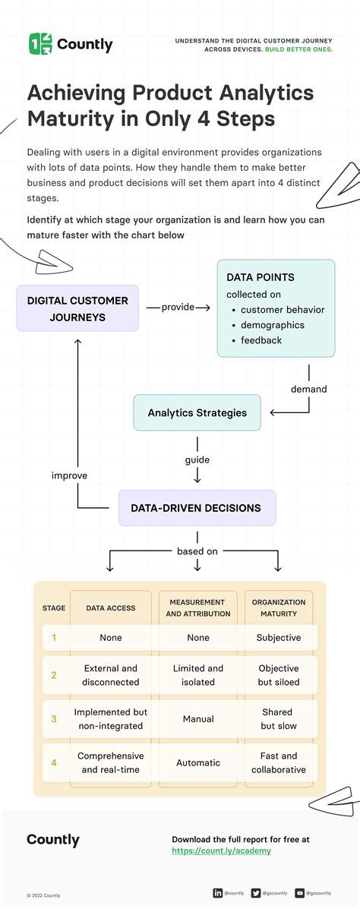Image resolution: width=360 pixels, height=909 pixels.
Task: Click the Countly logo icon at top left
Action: [40, 44]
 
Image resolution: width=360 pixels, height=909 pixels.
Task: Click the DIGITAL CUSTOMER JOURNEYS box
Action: [77, 308]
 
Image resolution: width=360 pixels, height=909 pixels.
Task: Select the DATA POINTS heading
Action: [261, 277]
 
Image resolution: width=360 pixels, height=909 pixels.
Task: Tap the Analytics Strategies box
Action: [197, 413]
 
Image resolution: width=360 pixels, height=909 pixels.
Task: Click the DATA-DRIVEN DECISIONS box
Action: [197, 508]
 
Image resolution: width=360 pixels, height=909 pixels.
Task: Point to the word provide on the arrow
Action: [178, 308]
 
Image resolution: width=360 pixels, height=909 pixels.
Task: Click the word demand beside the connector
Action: [308, 389]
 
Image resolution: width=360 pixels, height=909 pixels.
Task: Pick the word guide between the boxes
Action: [197, 459]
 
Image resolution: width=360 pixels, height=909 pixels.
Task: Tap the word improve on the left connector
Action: [69, 475]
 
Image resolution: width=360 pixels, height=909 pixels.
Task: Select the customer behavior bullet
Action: [283, 310]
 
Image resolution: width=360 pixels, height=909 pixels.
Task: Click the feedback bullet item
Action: [261, 340]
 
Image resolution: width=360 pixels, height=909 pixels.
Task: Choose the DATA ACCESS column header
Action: [111, 608]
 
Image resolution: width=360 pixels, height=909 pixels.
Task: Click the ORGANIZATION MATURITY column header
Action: [278, 608]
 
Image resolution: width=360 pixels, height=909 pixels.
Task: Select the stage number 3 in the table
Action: [54, 719]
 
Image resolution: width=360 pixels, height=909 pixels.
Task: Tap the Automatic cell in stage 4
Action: [198, 762]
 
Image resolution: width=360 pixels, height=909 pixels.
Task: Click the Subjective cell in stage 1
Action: [278, 638]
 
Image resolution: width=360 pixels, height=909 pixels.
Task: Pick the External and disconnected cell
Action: [111, 675]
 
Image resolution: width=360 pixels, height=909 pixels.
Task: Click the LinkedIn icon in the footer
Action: [218, 893]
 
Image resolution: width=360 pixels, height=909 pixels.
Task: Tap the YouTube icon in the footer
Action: [299, 893]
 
